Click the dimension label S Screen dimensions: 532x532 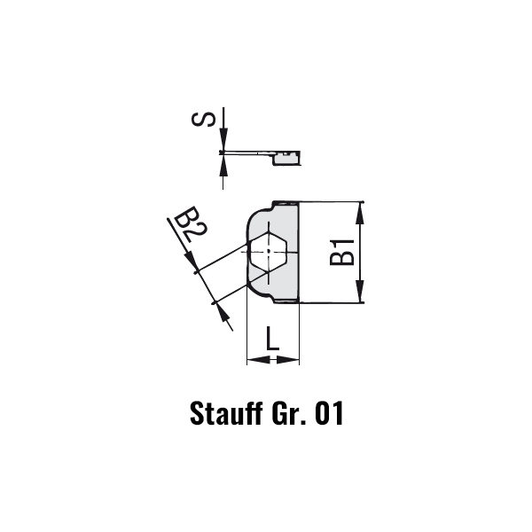click(x=203, y=120)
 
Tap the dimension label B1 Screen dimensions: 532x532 click(x=341, y=252)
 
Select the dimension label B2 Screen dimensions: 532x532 click(x=191, y=224)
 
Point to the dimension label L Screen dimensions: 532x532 click(x=272, y=339)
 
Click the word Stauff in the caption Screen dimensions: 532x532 click(x=227, y=413)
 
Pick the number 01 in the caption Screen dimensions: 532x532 click(x=329, y=413)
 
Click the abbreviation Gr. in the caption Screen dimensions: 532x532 click(x=289, y=413)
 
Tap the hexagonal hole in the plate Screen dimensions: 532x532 click(x=269, y=251)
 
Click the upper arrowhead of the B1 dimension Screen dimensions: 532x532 click(x=360, y=214)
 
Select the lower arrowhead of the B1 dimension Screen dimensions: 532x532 click(x=360, y=291)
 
